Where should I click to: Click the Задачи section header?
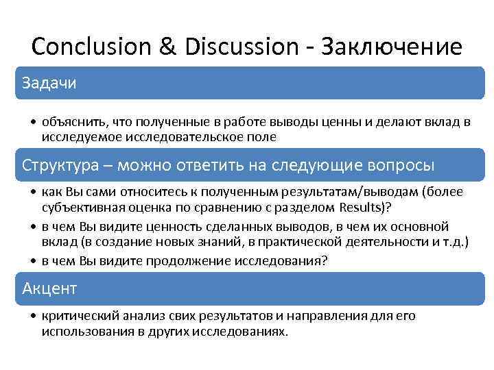click(49, 83)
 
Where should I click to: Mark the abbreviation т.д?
click(454, 241)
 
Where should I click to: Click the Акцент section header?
click(49, 288)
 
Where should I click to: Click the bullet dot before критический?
click(34, 317)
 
